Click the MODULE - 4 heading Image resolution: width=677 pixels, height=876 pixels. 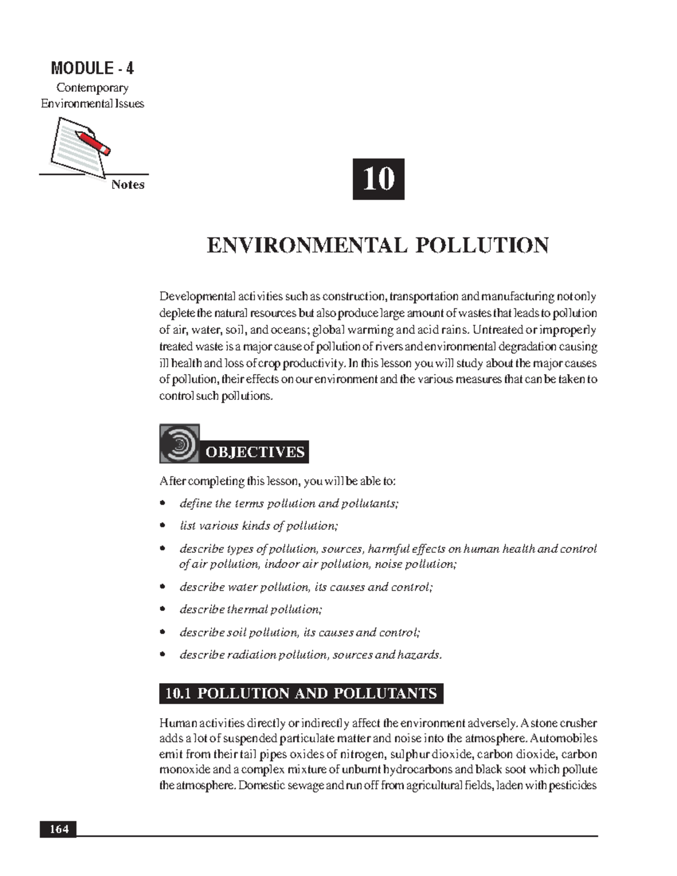(92, 69)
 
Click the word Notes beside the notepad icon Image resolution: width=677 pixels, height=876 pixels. (128, 185)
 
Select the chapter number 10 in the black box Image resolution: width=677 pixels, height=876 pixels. (379, 179)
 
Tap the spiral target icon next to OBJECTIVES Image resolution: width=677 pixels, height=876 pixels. (179, 444)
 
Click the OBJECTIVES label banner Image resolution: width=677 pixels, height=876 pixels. (255, 452)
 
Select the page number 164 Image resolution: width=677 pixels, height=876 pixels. (58, 829)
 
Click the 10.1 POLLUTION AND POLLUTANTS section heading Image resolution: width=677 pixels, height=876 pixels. (301, 693)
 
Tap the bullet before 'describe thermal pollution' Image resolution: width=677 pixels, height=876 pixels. (162, 609)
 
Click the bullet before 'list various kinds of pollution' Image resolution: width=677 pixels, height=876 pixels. (162, 526)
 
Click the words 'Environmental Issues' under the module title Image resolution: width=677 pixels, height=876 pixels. (92, 104)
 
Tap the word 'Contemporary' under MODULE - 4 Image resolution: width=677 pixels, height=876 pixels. (92, 88)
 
